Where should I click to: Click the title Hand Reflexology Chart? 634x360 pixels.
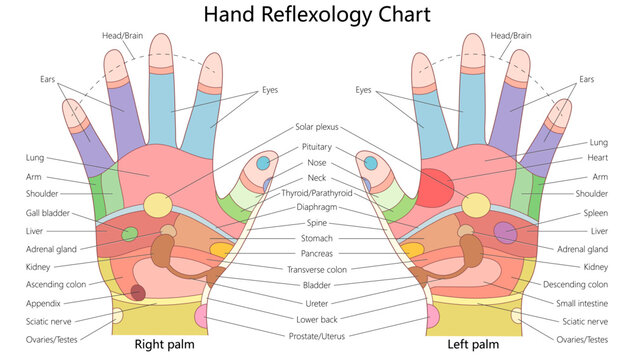tap(317, 15)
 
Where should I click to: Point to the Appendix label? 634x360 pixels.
tap(44, 303)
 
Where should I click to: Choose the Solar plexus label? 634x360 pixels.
tap(317, 128)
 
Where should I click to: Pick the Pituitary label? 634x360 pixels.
tap(317, 146)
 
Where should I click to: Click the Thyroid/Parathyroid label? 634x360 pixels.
tap(317, 192)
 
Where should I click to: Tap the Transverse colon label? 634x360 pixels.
tap(317, 269)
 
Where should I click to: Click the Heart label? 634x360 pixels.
tap(598, 159)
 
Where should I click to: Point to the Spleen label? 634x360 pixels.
tap(595, 214)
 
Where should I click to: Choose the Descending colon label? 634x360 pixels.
tap(581, 285)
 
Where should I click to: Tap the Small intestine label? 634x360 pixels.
tap(584, 303)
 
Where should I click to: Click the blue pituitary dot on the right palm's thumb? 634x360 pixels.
tap(263, 162)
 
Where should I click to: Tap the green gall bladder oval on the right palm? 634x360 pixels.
tap(130, 234)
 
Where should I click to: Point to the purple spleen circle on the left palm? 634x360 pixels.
tap(506, 233)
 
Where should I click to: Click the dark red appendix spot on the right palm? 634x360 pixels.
tap(138, 292)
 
